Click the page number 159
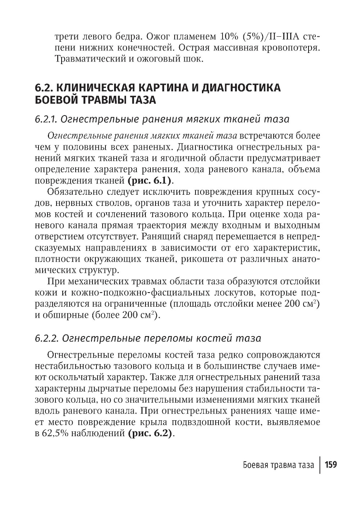pyautogui.click(x=330, y=465)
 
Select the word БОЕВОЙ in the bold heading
pyautogui.click(x=56, y=100)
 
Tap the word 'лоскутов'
pyautogui.click(x=222, y=292)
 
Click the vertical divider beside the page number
pyautogui.click(x=320, y=465)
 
